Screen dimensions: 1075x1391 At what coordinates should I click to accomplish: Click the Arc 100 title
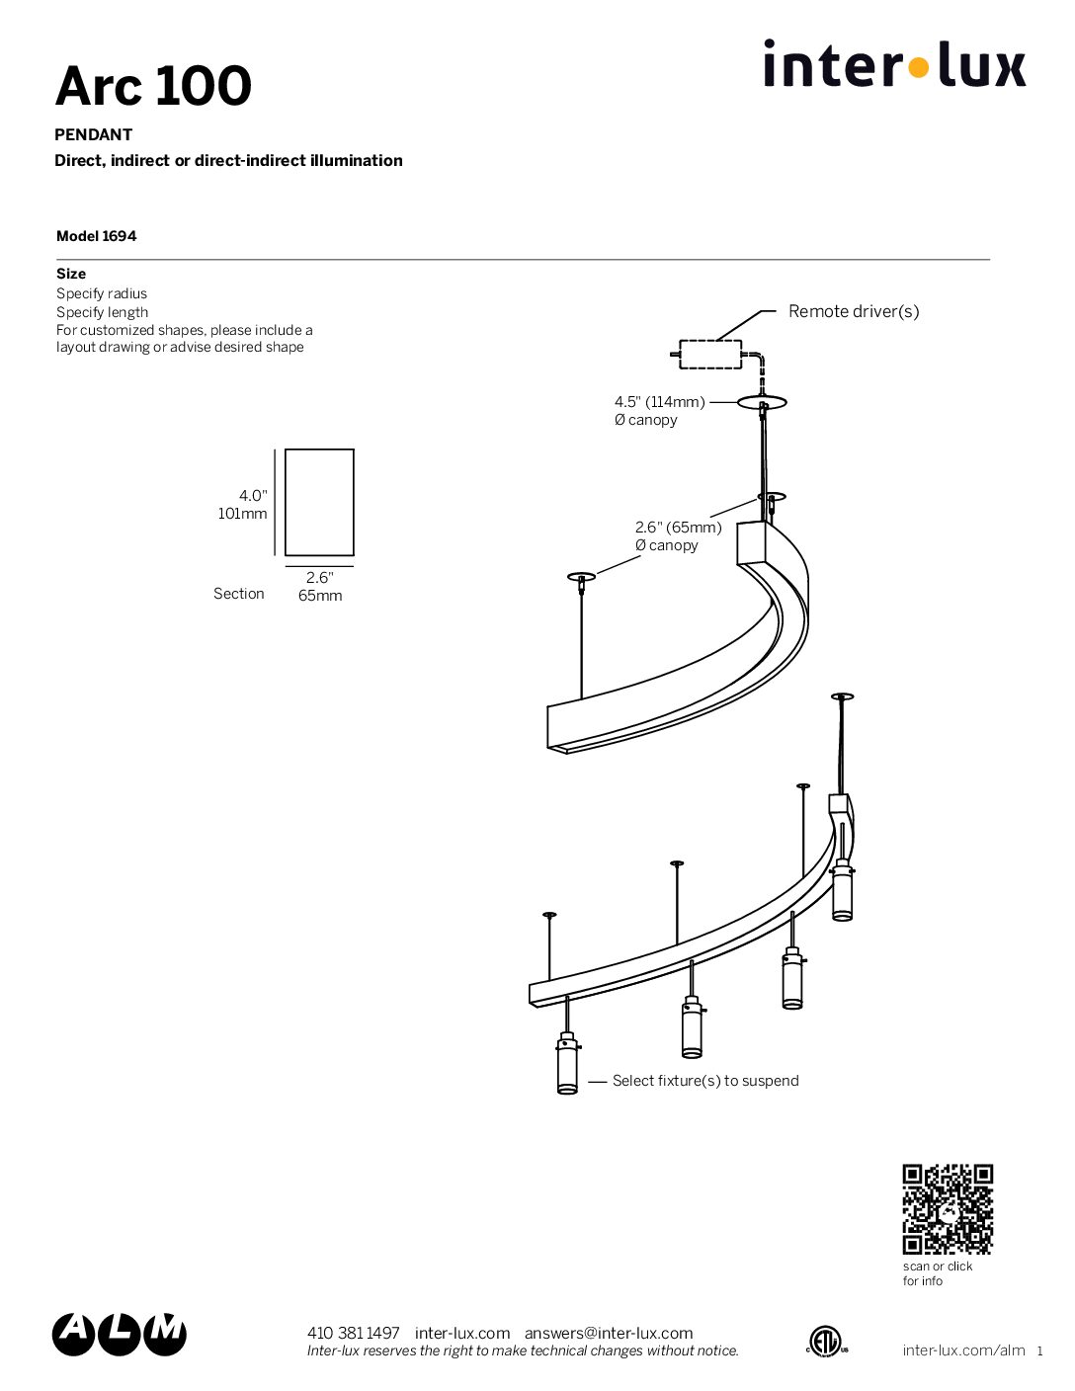pyautogui.click(x=153, y=86)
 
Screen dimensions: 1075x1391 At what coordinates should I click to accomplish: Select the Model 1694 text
pyautogui.click(x=96, y=236)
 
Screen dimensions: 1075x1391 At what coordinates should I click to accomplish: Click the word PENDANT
pyautogui.click(x=94, y=134)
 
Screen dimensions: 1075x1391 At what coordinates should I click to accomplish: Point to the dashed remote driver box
pyautogui.click(x=710, y=354)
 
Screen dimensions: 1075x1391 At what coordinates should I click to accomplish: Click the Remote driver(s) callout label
pyautogui.click(x=854, y=311)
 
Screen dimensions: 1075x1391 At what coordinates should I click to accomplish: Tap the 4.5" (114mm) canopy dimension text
pyautogui.click(x=659, y=401)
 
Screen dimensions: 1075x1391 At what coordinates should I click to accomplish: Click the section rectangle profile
pyautogui.click(x=319, y=503)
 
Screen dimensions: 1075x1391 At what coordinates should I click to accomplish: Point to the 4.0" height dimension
pyautogui.click(x=253, y=496)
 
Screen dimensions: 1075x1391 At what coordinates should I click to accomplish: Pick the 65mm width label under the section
pyautogui.click(x=320, y=596)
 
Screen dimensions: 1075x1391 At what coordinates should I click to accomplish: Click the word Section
pyautogui.click(x=239, y=594)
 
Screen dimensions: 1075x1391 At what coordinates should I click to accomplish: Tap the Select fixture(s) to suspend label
pyautogui.click(x=705, y=1081)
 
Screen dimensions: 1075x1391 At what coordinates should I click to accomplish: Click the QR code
pyautogui.click(x=948, y=1209)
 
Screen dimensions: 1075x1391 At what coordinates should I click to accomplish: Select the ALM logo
pyautogui.click(x=120, y=1335)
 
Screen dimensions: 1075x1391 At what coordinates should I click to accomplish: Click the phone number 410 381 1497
pyautogui.click(x=354, y=1333)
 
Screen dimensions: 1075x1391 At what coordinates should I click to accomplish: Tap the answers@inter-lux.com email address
pyautogui.click(x=609, y=1333)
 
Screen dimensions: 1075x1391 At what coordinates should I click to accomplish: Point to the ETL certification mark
pyautogui.click(x=827, y=1340)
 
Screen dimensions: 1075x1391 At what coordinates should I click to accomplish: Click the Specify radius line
pyautogui.click(x=102, y=293)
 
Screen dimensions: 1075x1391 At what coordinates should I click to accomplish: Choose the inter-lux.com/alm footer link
pyautogui.click(x=963, y=1350)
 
